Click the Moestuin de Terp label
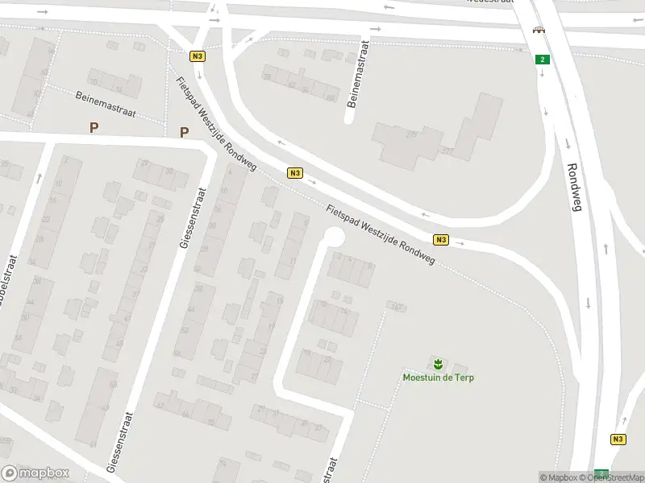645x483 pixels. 437,377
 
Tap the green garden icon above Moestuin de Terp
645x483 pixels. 438,363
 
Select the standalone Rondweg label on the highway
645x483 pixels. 575,191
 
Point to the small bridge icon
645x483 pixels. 538,31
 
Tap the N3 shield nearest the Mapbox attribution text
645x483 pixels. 618,439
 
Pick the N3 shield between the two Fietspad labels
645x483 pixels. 295,173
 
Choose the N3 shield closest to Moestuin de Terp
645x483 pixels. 440,239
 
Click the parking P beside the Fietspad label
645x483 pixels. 184,133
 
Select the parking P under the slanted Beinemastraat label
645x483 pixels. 94,127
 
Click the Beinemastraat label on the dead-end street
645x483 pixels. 358,74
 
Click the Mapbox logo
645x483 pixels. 33,473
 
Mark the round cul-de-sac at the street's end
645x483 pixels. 333,237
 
